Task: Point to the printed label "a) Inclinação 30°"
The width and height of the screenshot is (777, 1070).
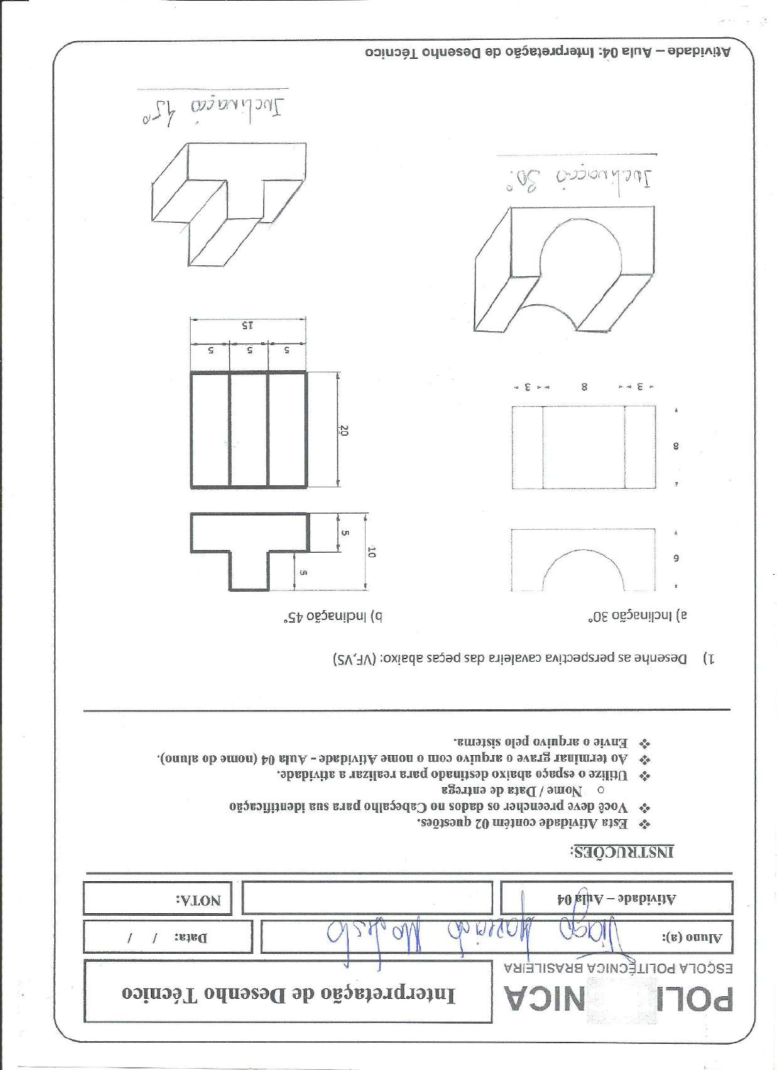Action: (637, 615)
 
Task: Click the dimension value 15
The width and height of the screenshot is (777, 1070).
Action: (247, 325)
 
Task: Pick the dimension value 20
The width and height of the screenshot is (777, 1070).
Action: (344, 430)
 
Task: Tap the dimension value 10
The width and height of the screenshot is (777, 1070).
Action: (371, 552)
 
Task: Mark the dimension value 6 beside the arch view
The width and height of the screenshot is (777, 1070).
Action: (676, 558)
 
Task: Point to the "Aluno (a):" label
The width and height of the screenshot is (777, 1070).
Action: (693, 938)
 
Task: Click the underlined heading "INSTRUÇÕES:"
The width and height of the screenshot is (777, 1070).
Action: (622, 852)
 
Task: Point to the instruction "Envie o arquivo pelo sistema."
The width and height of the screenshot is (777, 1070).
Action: (541, 742)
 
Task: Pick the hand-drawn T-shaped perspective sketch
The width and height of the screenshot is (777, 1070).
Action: (229, 203)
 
